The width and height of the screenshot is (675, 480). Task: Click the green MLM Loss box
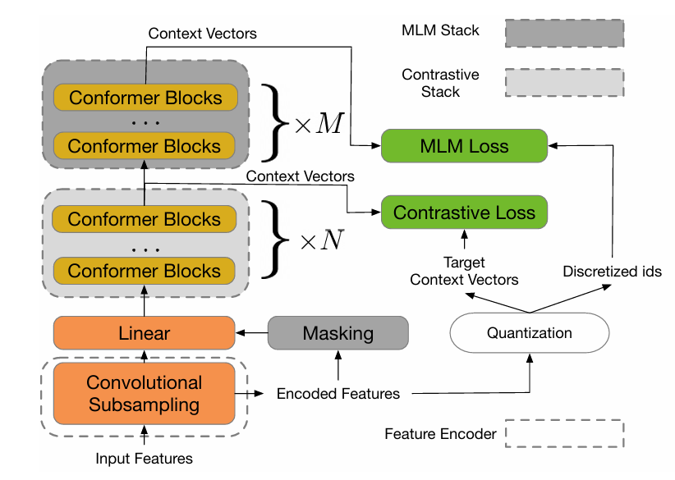click(x=464, y=146)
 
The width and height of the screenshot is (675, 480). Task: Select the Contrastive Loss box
click(x=464, y=212)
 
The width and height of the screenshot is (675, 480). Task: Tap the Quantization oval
click(x=529, y=333)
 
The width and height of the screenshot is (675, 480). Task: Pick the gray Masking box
click(x=337, y=333)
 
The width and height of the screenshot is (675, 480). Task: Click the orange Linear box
click(x=144, y=333)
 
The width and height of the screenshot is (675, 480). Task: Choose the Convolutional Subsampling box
click(x=144, y=393)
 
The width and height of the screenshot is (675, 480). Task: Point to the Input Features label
click(x=144, y=458)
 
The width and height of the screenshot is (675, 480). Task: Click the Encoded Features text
click(x=337, y=393)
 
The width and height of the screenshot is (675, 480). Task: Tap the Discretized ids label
click(x=612, y=271)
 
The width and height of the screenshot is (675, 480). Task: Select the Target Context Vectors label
click(x=464, y=271)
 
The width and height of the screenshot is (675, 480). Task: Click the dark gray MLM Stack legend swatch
click(x=564, y=33)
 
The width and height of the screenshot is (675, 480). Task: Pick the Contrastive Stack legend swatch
click(x=564, y=83)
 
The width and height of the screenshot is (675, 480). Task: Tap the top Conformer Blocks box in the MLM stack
click(x=145, y=98)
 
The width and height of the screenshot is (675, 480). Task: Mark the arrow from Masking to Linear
click(x=251, y=333)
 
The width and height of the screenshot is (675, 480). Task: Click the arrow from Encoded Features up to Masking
click(x=337, y=364)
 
